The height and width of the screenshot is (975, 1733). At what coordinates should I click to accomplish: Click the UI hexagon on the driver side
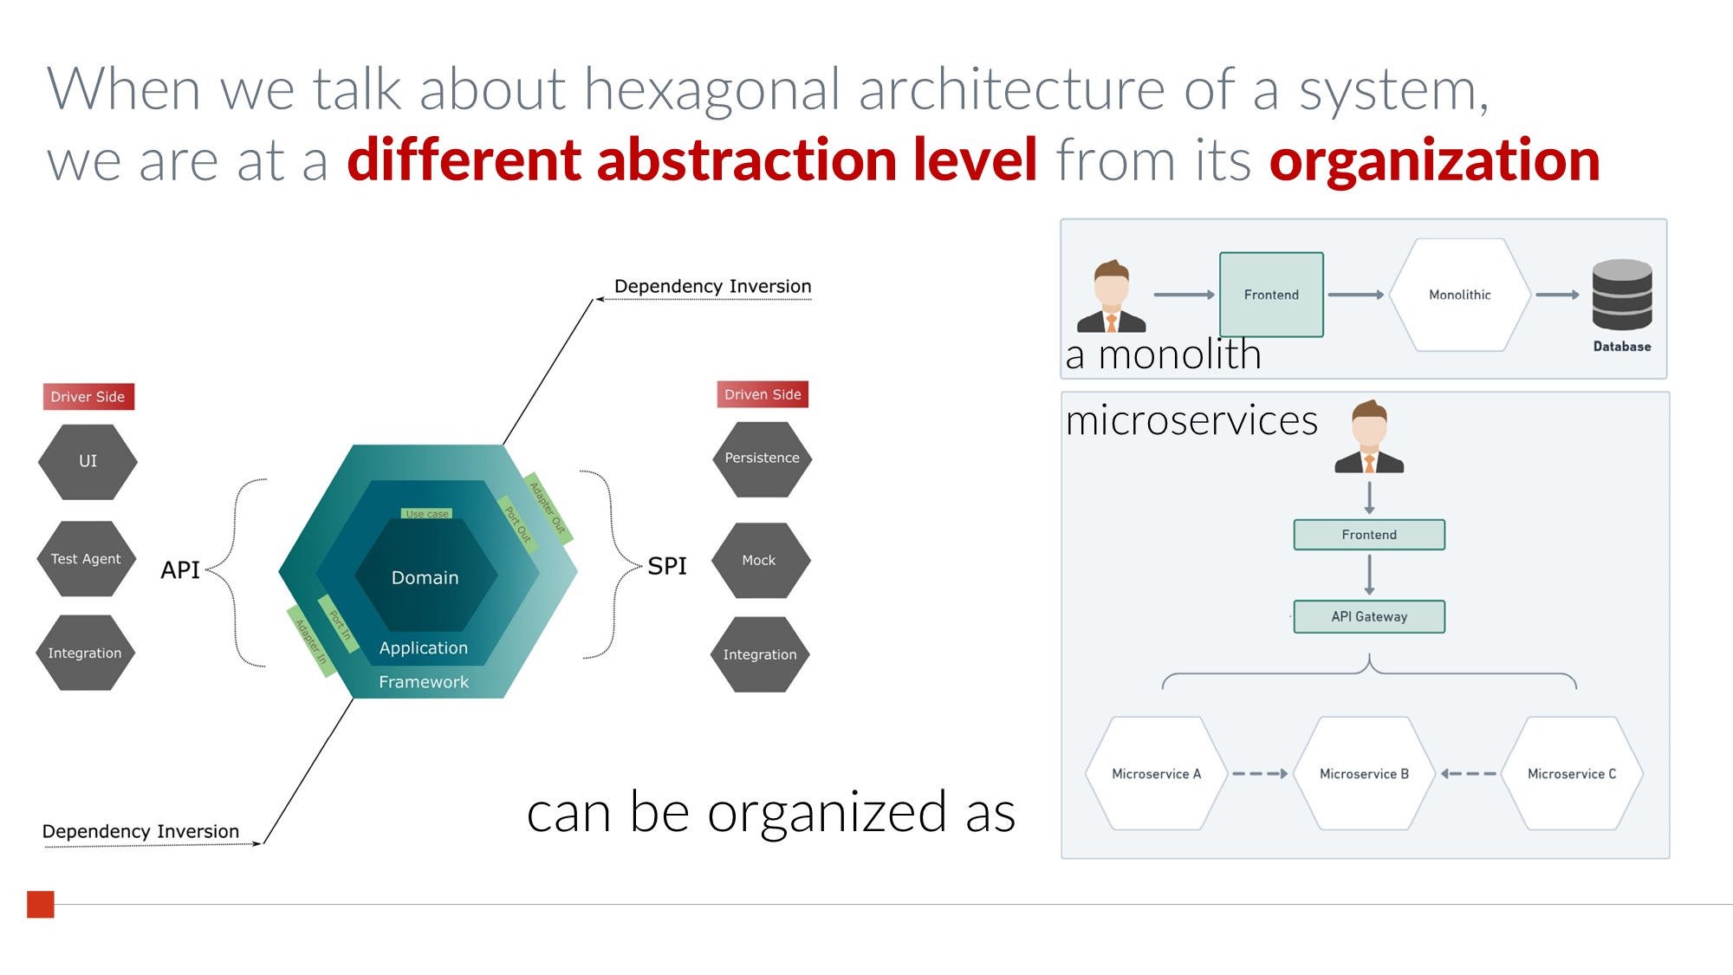click(88, 461)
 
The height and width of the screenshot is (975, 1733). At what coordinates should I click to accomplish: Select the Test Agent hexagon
click(87, 559)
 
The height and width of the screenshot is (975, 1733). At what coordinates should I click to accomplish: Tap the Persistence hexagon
click(763, 458)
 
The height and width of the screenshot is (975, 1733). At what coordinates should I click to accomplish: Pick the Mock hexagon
click(761, 560)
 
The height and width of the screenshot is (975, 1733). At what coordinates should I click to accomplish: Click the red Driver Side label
click(88, 396)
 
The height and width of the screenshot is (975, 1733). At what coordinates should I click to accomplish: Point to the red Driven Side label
click(763, 394)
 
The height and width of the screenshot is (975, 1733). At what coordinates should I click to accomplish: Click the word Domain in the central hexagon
click(425, 577)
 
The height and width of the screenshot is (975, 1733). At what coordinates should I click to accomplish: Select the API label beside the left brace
click(180, 569)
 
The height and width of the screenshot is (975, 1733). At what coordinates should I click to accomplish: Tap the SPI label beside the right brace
click(667, 566)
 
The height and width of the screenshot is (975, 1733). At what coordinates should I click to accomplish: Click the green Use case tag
click(427, 513)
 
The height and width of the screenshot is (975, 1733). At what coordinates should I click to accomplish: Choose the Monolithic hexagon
click(1460, 295)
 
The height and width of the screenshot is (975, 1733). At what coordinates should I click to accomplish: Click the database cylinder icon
click(1622, 295)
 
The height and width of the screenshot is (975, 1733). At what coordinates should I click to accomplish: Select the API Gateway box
click(1369, 616)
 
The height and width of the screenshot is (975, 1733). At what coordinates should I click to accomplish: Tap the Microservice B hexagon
click(1364, 773)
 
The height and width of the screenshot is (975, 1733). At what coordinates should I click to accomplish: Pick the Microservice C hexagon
click(1572, 773)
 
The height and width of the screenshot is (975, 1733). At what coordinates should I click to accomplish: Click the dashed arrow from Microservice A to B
click(1260, 774)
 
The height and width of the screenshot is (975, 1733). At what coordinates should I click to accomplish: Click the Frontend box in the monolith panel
click(1271, 295)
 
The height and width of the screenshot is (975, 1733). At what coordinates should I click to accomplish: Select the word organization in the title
click(1435, 160)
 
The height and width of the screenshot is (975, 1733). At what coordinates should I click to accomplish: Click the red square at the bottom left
click(41, 904)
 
